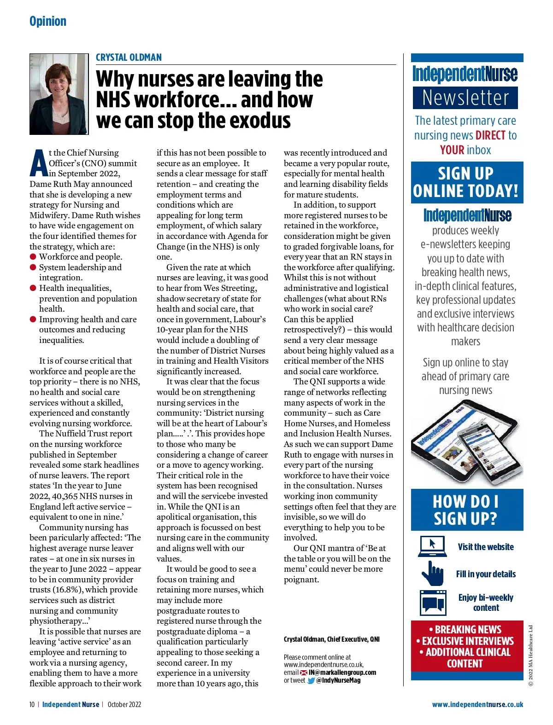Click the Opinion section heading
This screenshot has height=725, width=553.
coord(48,21)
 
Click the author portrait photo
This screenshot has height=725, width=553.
coord(59,94)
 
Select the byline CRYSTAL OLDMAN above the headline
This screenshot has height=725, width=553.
coord(129,58)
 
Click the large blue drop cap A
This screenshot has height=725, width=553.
coord(39,163)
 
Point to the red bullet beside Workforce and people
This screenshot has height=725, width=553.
coord(33,257)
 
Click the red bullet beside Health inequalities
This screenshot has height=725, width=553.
coord(33,288)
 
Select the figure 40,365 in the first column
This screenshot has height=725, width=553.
coord(64,496)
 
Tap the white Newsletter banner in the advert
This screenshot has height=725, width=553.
coord(465,98)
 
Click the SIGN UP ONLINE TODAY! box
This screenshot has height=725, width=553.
coord(467,182)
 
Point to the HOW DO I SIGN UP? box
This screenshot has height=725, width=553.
coord(467,510)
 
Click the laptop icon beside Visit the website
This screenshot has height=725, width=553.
coord(432,546)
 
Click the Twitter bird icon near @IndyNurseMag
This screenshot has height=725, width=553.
coord(311,681)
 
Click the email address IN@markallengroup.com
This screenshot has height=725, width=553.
coord(342,673)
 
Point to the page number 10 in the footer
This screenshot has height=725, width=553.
coord(32,705)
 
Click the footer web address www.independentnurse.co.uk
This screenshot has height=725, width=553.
coord(477,705)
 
